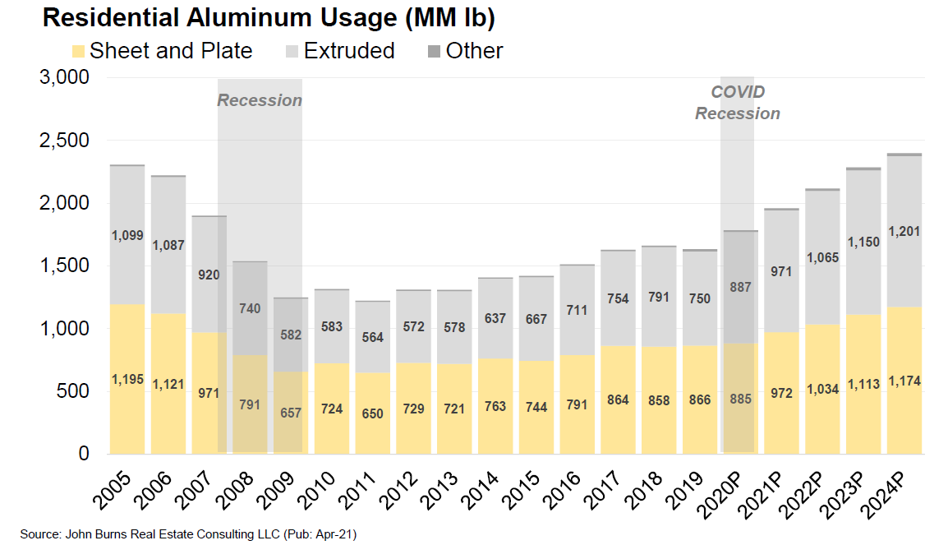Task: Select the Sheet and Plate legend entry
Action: (x=162, y=51)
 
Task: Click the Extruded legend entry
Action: (x=340, y=51)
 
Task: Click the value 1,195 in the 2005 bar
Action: (x=127, y=379)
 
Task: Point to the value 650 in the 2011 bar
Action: (x=373, y=413)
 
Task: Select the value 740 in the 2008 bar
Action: (x=250, y=309)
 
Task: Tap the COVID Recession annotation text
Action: (x=738, y=103)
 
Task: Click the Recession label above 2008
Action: (x=260, y=100)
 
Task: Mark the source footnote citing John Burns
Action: (x=188, y=534)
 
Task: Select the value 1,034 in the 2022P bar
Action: (x=822, y=389)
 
